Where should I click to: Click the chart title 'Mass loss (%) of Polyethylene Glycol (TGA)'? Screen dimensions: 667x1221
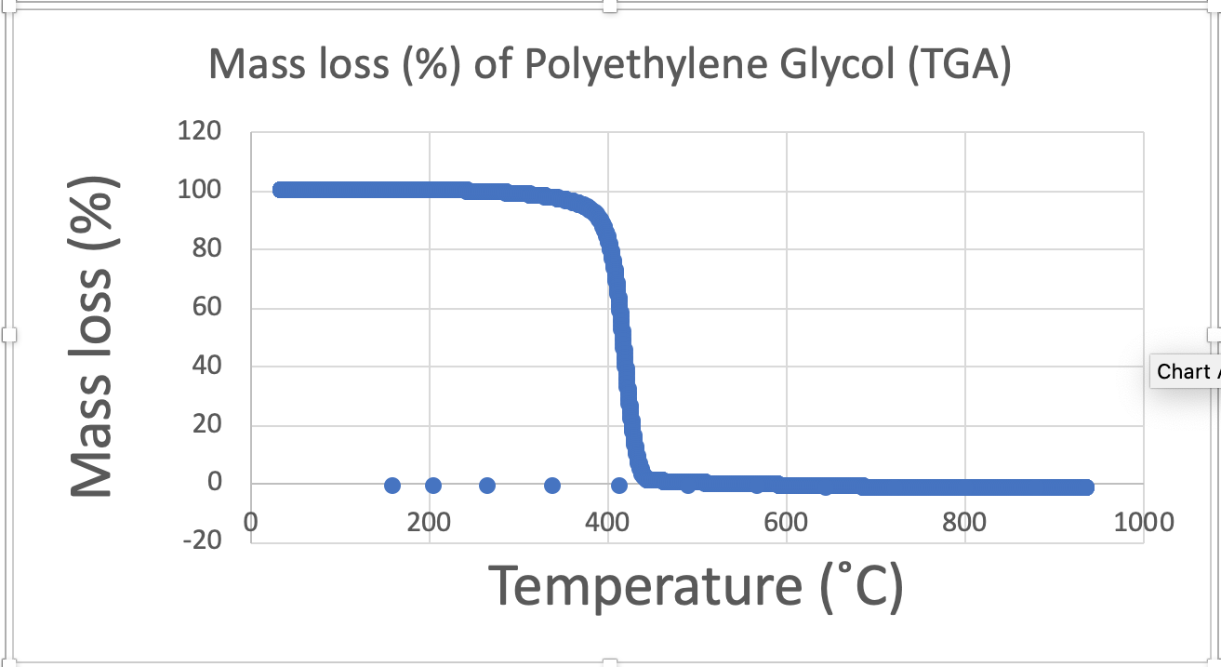pos(609,65)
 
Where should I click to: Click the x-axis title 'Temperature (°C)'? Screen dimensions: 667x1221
pos(696,586)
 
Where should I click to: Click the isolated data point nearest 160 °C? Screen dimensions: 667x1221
pos(392,486)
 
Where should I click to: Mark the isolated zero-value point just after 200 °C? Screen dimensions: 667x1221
pos(433,486)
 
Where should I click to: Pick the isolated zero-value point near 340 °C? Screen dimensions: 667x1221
pos(552,486)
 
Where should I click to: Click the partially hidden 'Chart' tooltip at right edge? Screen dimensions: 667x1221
pos(1185,372)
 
